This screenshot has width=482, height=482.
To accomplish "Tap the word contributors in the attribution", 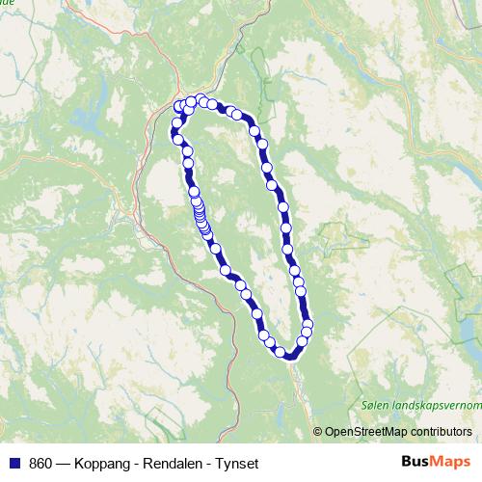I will click(441, 433).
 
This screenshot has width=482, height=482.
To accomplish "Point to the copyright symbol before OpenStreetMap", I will click(317, 433).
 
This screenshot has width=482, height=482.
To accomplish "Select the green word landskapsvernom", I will click(435, 406).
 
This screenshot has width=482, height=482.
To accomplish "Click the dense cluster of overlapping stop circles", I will click(200, 214).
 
